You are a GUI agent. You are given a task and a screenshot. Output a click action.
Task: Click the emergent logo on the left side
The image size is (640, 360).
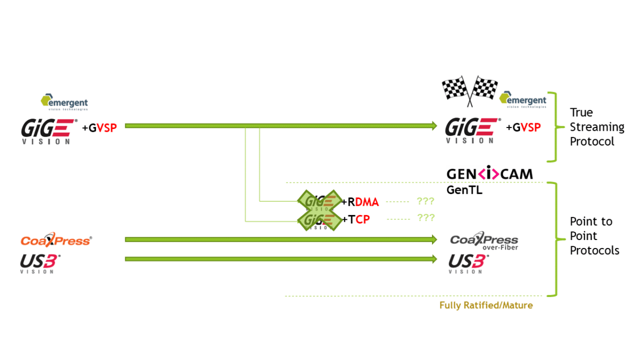coord(65,102)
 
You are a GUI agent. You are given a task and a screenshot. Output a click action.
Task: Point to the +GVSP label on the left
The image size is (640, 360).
coord(99,127)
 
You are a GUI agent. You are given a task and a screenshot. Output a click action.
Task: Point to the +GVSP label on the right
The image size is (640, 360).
coord(523,127)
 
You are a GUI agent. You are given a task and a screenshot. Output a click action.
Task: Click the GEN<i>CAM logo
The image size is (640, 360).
coord(489,174)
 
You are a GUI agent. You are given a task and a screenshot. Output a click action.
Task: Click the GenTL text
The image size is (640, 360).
coord(464,189)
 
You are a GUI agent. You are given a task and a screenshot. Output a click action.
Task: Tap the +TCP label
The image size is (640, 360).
coord(356,219)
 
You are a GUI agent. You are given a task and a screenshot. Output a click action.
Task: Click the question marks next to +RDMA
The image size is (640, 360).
coord(426,202)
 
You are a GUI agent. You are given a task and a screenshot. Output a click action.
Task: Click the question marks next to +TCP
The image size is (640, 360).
coord(426,218)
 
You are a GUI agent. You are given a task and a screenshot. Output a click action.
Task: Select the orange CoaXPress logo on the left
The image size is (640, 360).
coord(55,241)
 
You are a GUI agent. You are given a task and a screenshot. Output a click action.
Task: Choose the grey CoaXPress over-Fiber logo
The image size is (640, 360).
coord(484,242)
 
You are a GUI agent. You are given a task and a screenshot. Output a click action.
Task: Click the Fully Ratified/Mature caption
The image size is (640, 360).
coord(486,306)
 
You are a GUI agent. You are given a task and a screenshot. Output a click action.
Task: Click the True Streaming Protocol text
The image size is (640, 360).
coord(596,127)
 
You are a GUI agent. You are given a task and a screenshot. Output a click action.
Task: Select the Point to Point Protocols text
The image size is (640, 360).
coord(594,236)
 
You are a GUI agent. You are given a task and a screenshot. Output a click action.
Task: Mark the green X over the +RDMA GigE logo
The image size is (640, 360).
coord(319,201)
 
